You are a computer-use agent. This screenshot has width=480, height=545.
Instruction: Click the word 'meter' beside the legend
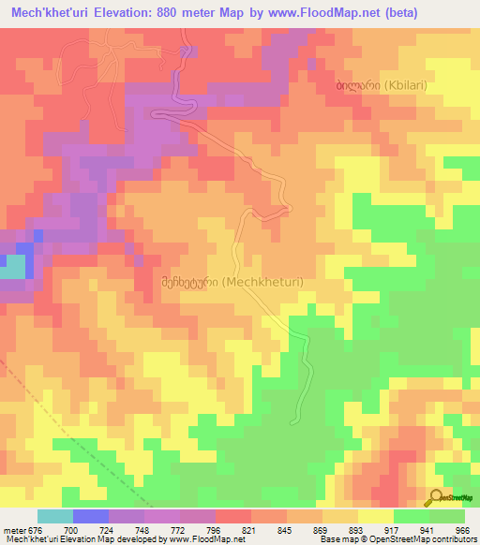pyautogui.click(x=15, y=529)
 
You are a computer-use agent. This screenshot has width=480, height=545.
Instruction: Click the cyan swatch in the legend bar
pyautogui.click(x=55, y=516)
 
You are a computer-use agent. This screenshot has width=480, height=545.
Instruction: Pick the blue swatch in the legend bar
pyautogui.click(x=91, y=516)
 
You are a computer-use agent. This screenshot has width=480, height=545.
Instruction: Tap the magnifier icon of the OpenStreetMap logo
pyautogui.click(x=436, y=497)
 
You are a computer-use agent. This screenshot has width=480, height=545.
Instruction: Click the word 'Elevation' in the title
pyautogui.click(x=129, y=12)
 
